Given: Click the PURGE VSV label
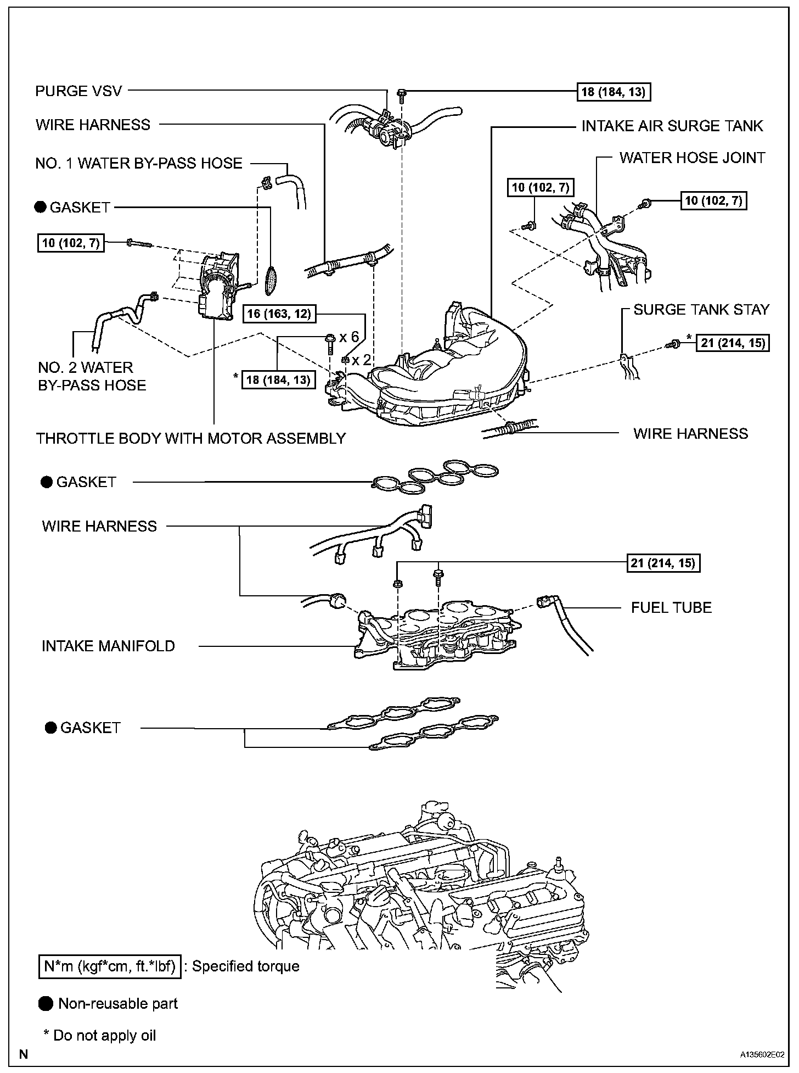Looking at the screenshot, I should pos(78,91).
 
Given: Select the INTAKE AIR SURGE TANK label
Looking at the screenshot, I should pos(672,126).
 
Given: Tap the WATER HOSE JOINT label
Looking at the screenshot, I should pos(692,158).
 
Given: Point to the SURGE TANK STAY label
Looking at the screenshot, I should pos(701,310).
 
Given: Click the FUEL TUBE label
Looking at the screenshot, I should pos(671,607).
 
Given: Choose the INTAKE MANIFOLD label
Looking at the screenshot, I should pos(108,646).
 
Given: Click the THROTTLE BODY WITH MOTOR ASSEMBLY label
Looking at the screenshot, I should pos(190,438).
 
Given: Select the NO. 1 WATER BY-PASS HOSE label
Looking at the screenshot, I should pos(138,164).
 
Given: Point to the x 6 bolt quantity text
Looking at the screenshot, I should pos(349,337).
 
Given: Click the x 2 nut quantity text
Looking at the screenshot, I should pos(362,360).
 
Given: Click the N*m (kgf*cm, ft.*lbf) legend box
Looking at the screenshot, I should pos(110,966).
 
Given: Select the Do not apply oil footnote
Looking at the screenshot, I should pos(100,1036).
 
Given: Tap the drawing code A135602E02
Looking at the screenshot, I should pos(761,1055).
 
